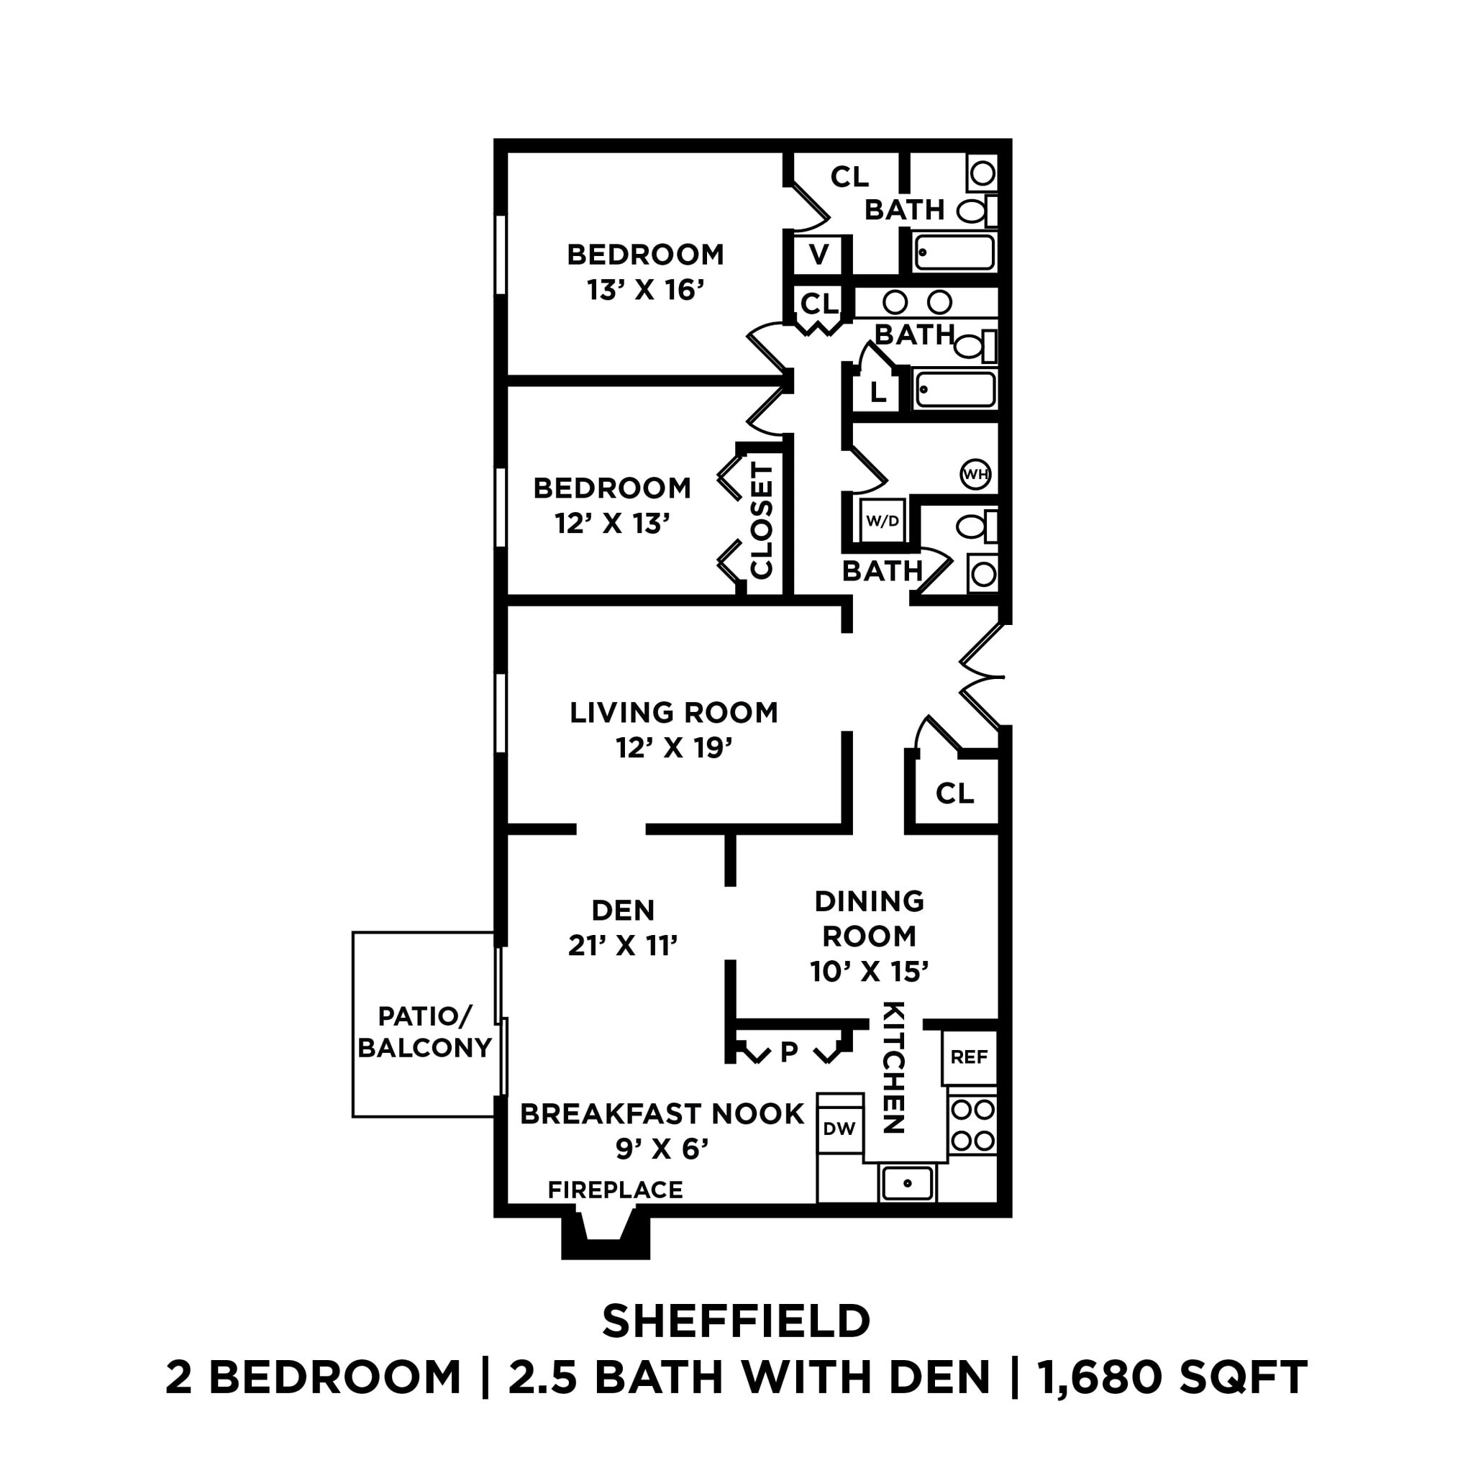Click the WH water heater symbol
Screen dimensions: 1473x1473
[x=975, y=474]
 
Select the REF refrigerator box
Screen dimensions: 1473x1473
[x=969, y=1057]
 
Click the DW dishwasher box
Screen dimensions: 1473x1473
[x=839, y=1128]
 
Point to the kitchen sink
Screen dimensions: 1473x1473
[x=907, y=1183]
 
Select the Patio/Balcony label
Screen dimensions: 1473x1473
[x=424, y=1031]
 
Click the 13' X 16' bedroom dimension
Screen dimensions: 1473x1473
[x=644, y=291]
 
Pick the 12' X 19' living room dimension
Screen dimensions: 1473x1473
[x=674, y=748]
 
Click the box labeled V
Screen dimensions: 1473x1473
[x=818, y=255]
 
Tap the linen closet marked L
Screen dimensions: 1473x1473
[x=877, y=393]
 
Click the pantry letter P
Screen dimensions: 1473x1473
[x=789, y=1052]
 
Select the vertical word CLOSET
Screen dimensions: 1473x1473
[x=762, y=520]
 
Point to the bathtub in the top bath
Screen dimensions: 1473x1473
[x=954, y=252]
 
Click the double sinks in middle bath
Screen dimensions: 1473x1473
[x=917, y=303]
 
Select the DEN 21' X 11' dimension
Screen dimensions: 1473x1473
[x=623, y=945]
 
